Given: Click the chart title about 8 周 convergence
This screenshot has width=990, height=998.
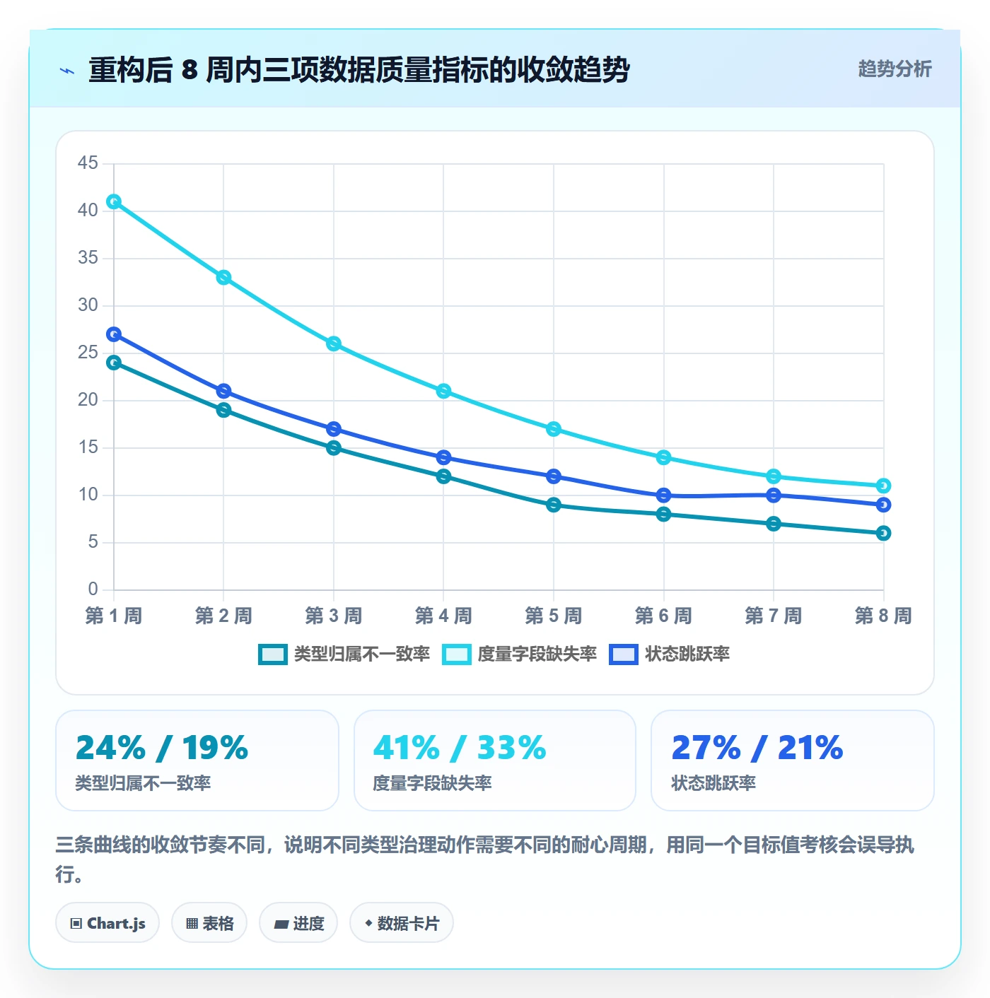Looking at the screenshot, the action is coord(359,69).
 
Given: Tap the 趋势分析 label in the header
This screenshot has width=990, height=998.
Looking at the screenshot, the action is coord(895,69).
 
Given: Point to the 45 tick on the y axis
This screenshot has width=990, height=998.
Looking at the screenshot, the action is coord(88,163).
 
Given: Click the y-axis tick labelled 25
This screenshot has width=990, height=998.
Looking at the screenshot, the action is coord(88,353).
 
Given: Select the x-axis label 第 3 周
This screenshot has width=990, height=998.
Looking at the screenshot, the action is coord(333,616).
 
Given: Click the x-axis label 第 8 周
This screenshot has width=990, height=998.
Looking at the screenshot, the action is coord(883,616).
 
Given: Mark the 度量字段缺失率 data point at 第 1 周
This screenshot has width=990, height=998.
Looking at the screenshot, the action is coord(114,201).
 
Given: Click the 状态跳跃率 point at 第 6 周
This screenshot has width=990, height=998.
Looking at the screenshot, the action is coord(663,495).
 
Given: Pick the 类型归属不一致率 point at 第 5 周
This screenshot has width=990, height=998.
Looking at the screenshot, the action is coord(554,505).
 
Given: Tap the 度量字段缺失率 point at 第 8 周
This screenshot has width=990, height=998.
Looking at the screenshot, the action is coord(883,486).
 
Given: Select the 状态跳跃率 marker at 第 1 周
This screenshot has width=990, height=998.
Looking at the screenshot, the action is coord(114,334).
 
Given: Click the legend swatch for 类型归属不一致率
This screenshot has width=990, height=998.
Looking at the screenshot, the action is coord(273,654).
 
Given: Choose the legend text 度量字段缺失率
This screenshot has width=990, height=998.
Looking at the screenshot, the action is coord(537,654).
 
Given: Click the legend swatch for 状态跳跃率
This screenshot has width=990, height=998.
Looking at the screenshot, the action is coord(624,654).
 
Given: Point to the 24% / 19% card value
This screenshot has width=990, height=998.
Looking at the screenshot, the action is coord(162,748).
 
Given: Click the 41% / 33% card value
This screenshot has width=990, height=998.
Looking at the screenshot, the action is coord(460,748).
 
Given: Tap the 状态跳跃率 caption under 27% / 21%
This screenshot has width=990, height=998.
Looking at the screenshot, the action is coord(714,783).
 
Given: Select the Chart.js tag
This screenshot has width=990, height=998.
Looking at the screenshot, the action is coord(107,923).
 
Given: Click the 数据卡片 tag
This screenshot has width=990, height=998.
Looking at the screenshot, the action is coord(402,923).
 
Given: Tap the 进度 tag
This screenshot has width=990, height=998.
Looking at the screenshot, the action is coord(298,923).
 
